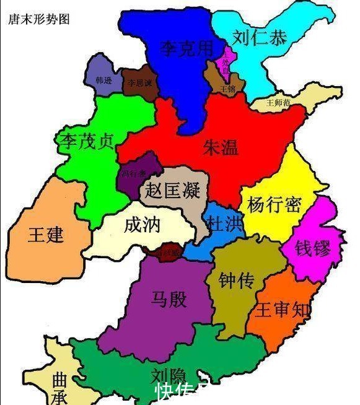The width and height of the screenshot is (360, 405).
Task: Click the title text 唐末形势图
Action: [38, 19]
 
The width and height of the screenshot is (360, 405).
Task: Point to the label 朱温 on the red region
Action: [221, 146]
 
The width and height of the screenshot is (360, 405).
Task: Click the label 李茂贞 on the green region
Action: [87, 141]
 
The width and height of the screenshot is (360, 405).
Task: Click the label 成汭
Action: [142, 223]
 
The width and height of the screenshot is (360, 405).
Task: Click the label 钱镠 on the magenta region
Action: [312, 248]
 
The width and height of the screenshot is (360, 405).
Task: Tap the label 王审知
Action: [283, 310]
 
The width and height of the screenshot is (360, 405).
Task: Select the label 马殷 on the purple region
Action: [168, 299]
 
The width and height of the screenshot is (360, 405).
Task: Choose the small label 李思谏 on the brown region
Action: [139, 82]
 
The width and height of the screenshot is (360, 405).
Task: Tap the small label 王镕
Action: [227, 89]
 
